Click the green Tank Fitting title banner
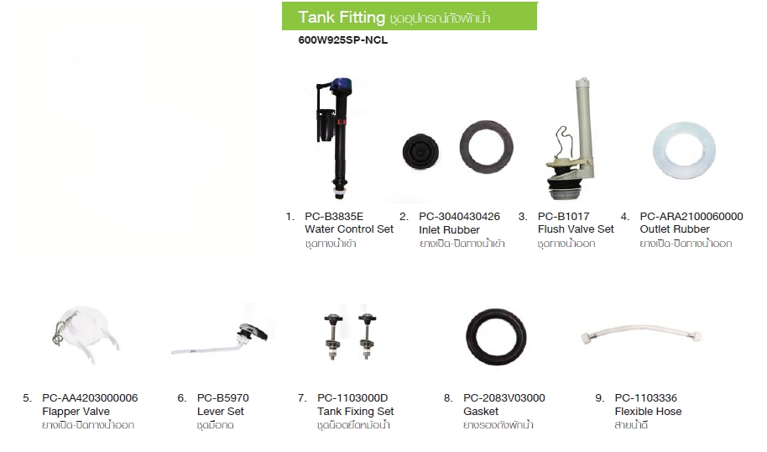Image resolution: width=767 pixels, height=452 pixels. click(410, 16)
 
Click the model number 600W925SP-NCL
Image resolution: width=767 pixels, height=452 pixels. click(343, 40)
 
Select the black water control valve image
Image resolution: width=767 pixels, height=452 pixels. click(332, 139)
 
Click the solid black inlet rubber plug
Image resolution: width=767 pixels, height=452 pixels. click(420, 152)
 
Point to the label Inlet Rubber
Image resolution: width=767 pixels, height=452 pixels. click(449, 229)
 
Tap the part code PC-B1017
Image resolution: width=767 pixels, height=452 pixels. click(564, 217)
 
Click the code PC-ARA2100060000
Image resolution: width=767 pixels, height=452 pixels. click(691, 217)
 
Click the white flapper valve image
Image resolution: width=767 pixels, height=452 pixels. click(86, 335)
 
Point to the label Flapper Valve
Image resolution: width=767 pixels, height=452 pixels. click(76, 412)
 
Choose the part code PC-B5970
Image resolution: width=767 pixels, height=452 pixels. click(222, 398)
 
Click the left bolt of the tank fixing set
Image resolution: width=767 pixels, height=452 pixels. click(334, 337)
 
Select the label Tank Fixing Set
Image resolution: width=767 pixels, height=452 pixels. click(355, 412)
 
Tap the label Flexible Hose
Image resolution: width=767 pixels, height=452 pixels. click(648, 412)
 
